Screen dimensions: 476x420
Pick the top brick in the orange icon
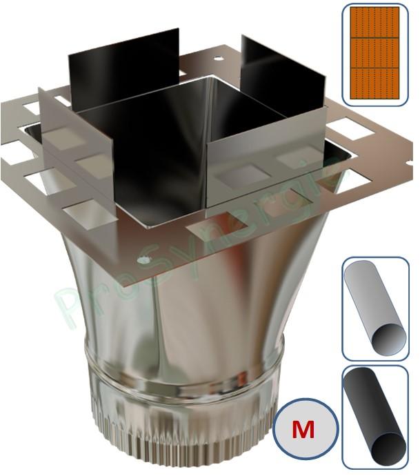pyautogui.click(x=374, y=22)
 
